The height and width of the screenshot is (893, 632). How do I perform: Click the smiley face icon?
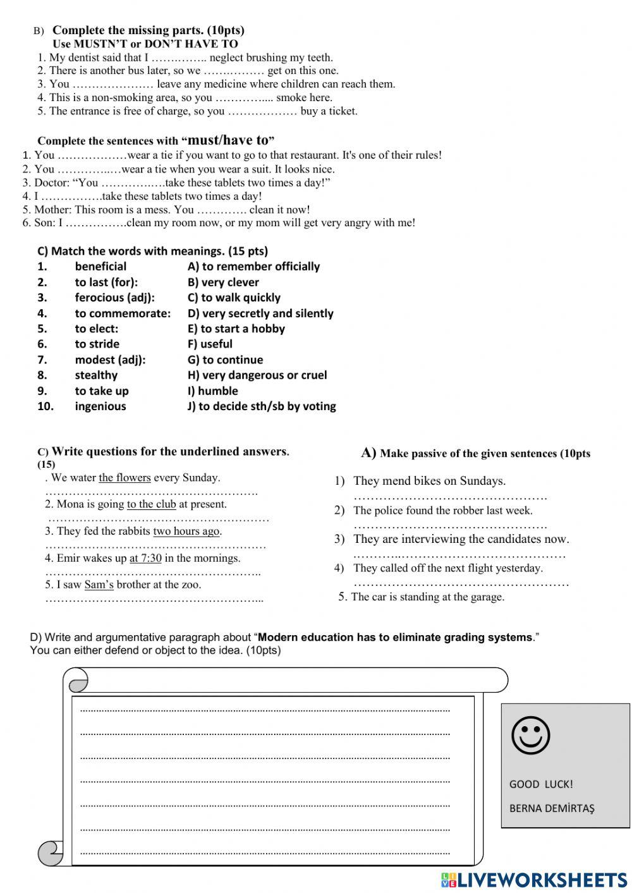coord(530,736)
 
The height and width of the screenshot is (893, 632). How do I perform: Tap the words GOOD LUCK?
coord(541,784)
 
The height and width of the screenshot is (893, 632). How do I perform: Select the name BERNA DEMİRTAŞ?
coord(552,808)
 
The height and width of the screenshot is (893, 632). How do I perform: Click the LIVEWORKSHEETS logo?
coord(534,880)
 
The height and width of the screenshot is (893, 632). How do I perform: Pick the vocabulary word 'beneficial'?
coord(100,267)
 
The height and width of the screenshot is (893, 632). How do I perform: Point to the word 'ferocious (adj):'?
coord(114,298)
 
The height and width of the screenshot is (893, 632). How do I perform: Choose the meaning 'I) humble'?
coord(213,391)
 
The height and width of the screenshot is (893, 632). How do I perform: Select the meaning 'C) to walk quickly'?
coord(234,298)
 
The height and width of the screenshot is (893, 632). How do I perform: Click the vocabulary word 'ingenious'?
coord(100,406)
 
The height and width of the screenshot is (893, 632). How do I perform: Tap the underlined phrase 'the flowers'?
coord(125,478)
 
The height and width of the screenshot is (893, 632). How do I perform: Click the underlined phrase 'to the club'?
coord(151,504)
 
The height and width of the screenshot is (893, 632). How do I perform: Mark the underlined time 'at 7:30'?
coord(145,558)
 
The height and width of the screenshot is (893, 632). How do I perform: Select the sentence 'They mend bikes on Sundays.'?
coord(429,481)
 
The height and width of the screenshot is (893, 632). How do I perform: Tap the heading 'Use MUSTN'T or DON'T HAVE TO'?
coord(145,44)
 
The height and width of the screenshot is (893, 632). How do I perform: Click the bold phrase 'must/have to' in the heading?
coord(228,140)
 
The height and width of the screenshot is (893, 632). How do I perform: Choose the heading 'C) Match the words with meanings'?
coord(152,251)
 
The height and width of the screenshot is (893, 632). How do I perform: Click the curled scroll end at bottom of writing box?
coord(51,853)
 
